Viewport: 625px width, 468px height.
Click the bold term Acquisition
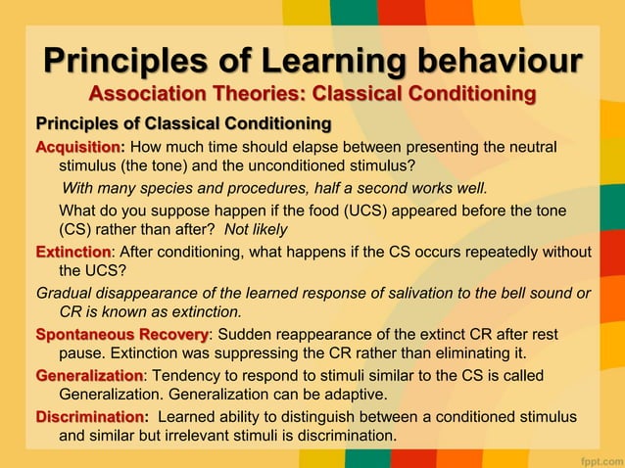tap(78, 147)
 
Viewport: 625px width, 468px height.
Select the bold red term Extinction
tap(72, 252)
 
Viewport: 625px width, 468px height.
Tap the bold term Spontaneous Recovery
tap(121, 335)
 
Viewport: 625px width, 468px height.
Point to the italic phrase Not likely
tap(256, 229)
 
